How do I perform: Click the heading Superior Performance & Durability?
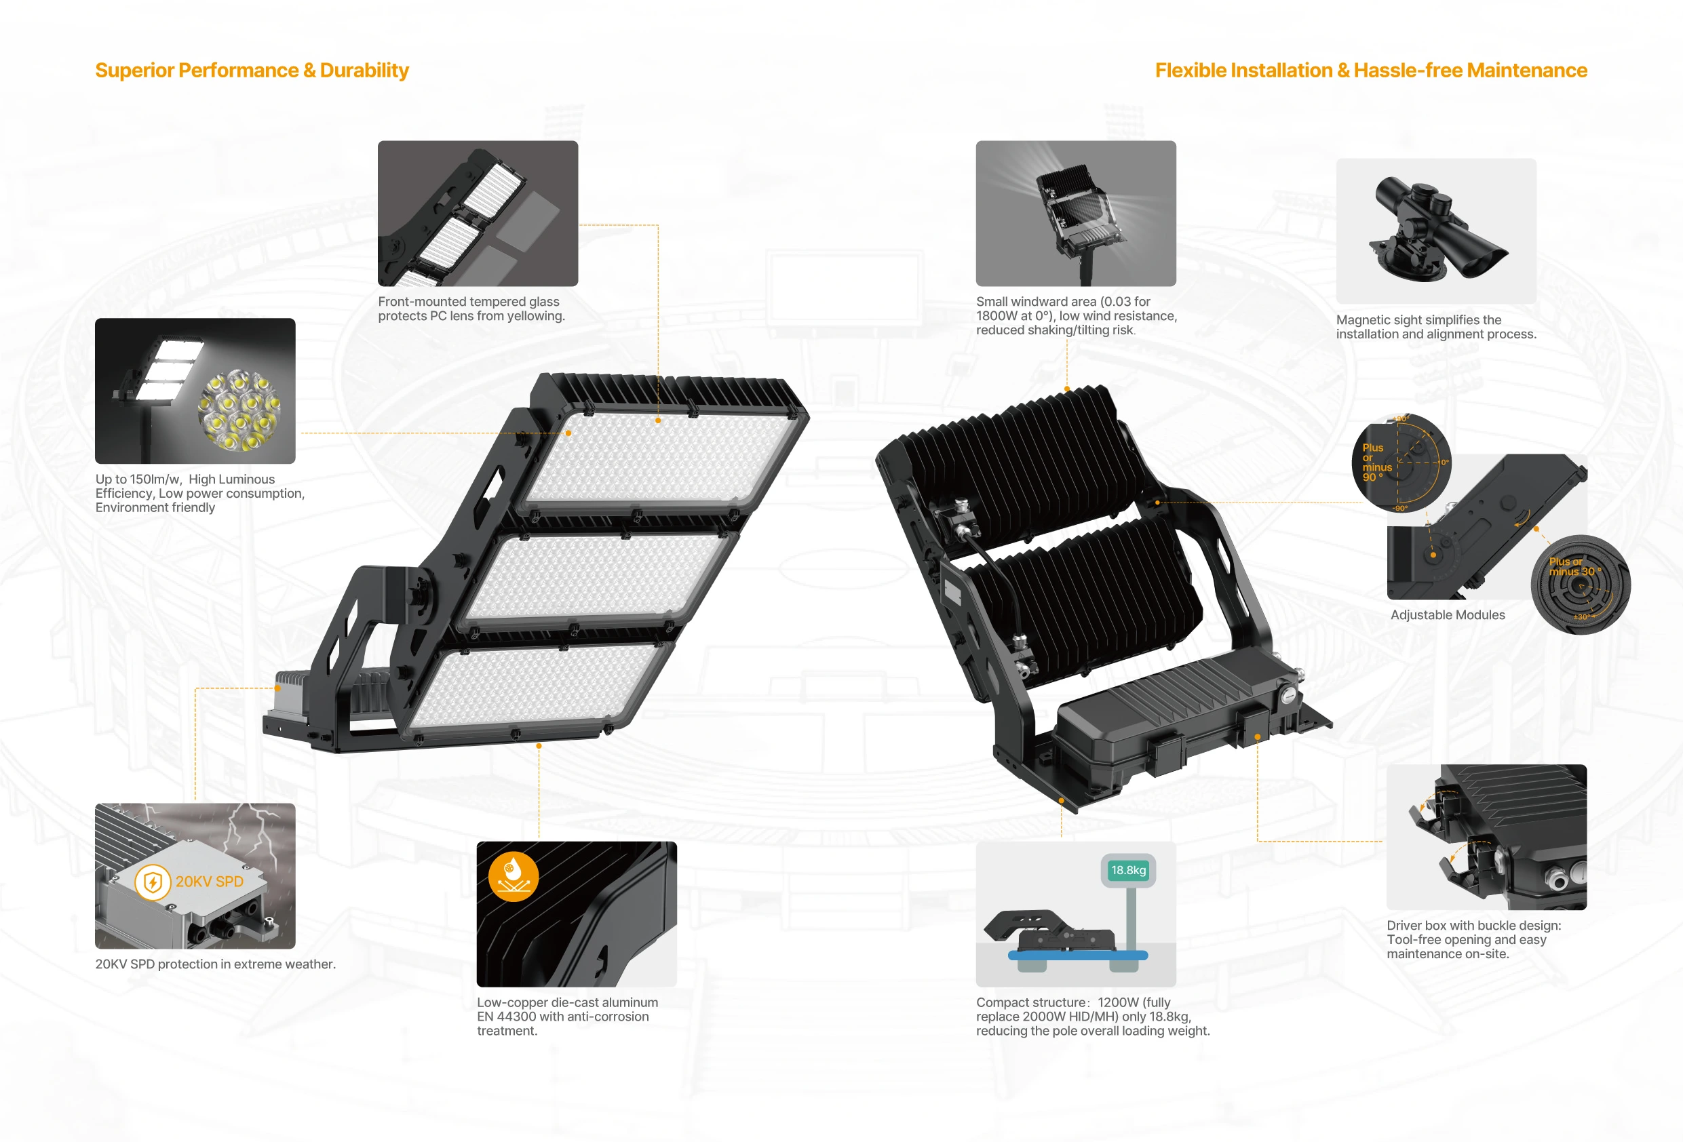[x=252, y=71]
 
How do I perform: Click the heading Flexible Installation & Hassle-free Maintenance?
[x=1371, y=71]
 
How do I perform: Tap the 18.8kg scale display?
[x=1128, y=871]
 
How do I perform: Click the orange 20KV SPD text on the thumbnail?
[x=210, y=882]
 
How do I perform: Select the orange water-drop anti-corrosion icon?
[x=514, y=876]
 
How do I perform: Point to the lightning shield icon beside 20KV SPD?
[x=152, y=882]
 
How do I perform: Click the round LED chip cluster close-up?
[x=239, y=409]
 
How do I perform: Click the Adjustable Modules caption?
[x=1448, y=615]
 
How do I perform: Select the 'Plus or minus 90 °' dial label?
[x=1376, y=462]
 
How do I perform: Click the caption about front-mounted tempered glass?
[x=471, y=309]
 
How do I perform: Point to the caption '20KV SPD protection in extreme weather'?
[x=216, y=964]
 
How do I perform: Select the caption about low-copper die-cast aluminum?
[x=568, y=1017]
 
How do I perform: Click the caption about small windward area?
[x=1076, y=316]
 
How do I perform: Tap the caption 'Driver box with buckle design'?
[x=1473, y=939]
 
